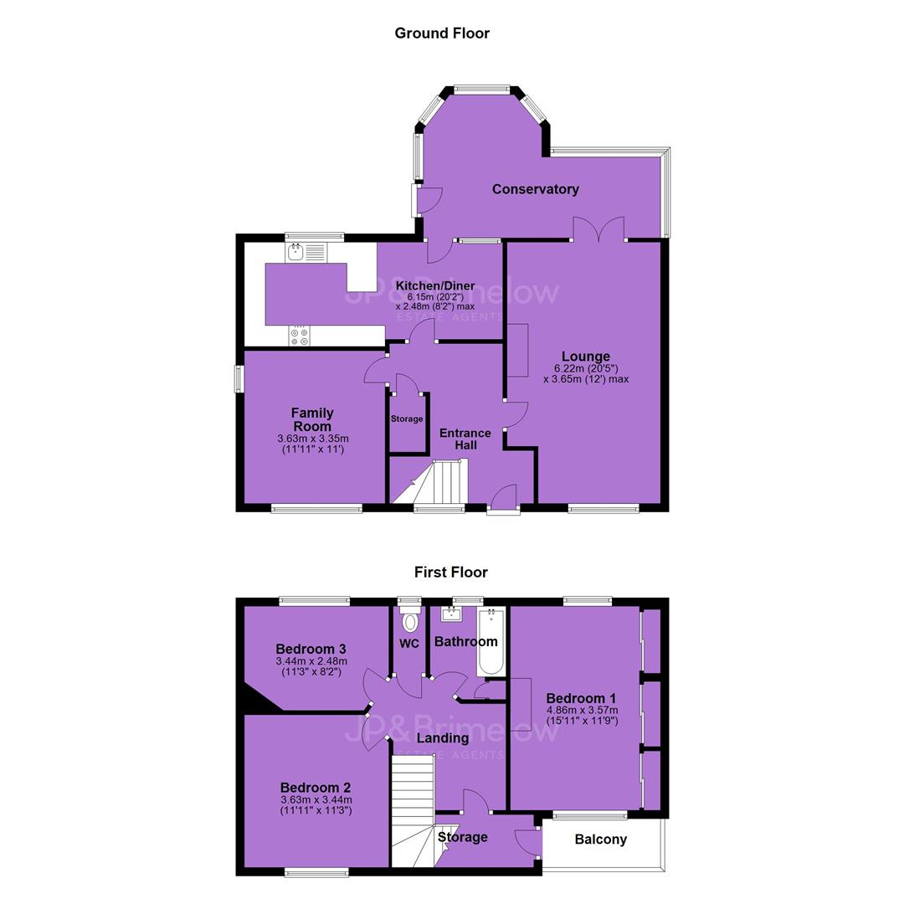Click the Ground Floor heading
pyautogui.click(x=442, y=33)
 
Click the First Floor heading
pyautogui.click(x=451, y=573)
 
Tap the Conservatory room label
pyautogui.click(x=535, y=190)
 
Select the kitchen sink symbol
pyautogui.click(x=306, y=251)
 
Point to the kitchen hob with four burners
pyautogui.click(x=299, y=336)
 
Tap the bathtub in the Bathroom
pyautogui.click(x=491, y=641)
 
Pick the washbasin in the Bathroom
pyautogui.click(x=451, y=614)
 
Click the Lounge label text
pyautogui.click(x=586, y=357)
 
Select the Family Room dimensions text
pyautogui.click(x=312, y=444)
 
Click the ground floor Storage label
pyautogui.click(x=407, y=419)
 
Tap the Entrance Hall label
pyautogui.click(x=465, y=439)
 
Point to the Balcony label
pyautogui.click(x=601, y=840)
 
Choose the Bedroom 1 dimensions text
pyautogui.click(x=583, y=716)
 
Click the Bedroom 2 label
pyautogui.click(x=316, y=788)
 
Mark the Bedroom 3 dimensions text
pyautogui.click(x=311, y=666)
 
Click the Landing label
pyautogui.click(x=443, y=738)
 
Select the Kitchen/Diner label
pyautogui.click(x=435, y=286)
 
